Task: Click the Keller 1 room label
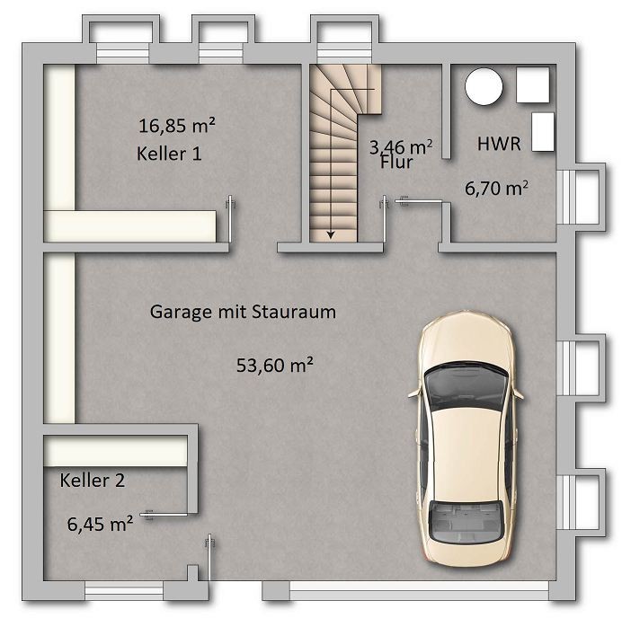pos(169,154)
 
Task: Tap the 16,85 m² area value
pos(177,125)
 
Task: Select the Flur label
pos(396,162)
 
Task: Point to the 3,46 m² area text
pos(401,147)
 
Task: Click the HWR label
pos(499,144)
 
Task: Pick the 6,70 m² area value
pos(496,188)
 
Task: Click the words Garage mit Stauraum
pos(243,312)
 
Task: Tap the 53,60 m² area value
pos(275,365)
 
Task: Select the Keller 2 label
pos(93,480)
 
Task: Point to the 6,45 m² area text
pos(100,524)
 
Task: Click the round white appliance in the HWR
pos(484,86)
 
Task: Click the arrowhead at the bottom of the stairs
pos(331,235)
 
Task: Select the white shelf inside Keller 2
pos(115,451)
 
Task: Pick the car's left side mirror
pos(413,393)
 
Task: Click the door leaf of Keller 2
pos(166,515)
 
